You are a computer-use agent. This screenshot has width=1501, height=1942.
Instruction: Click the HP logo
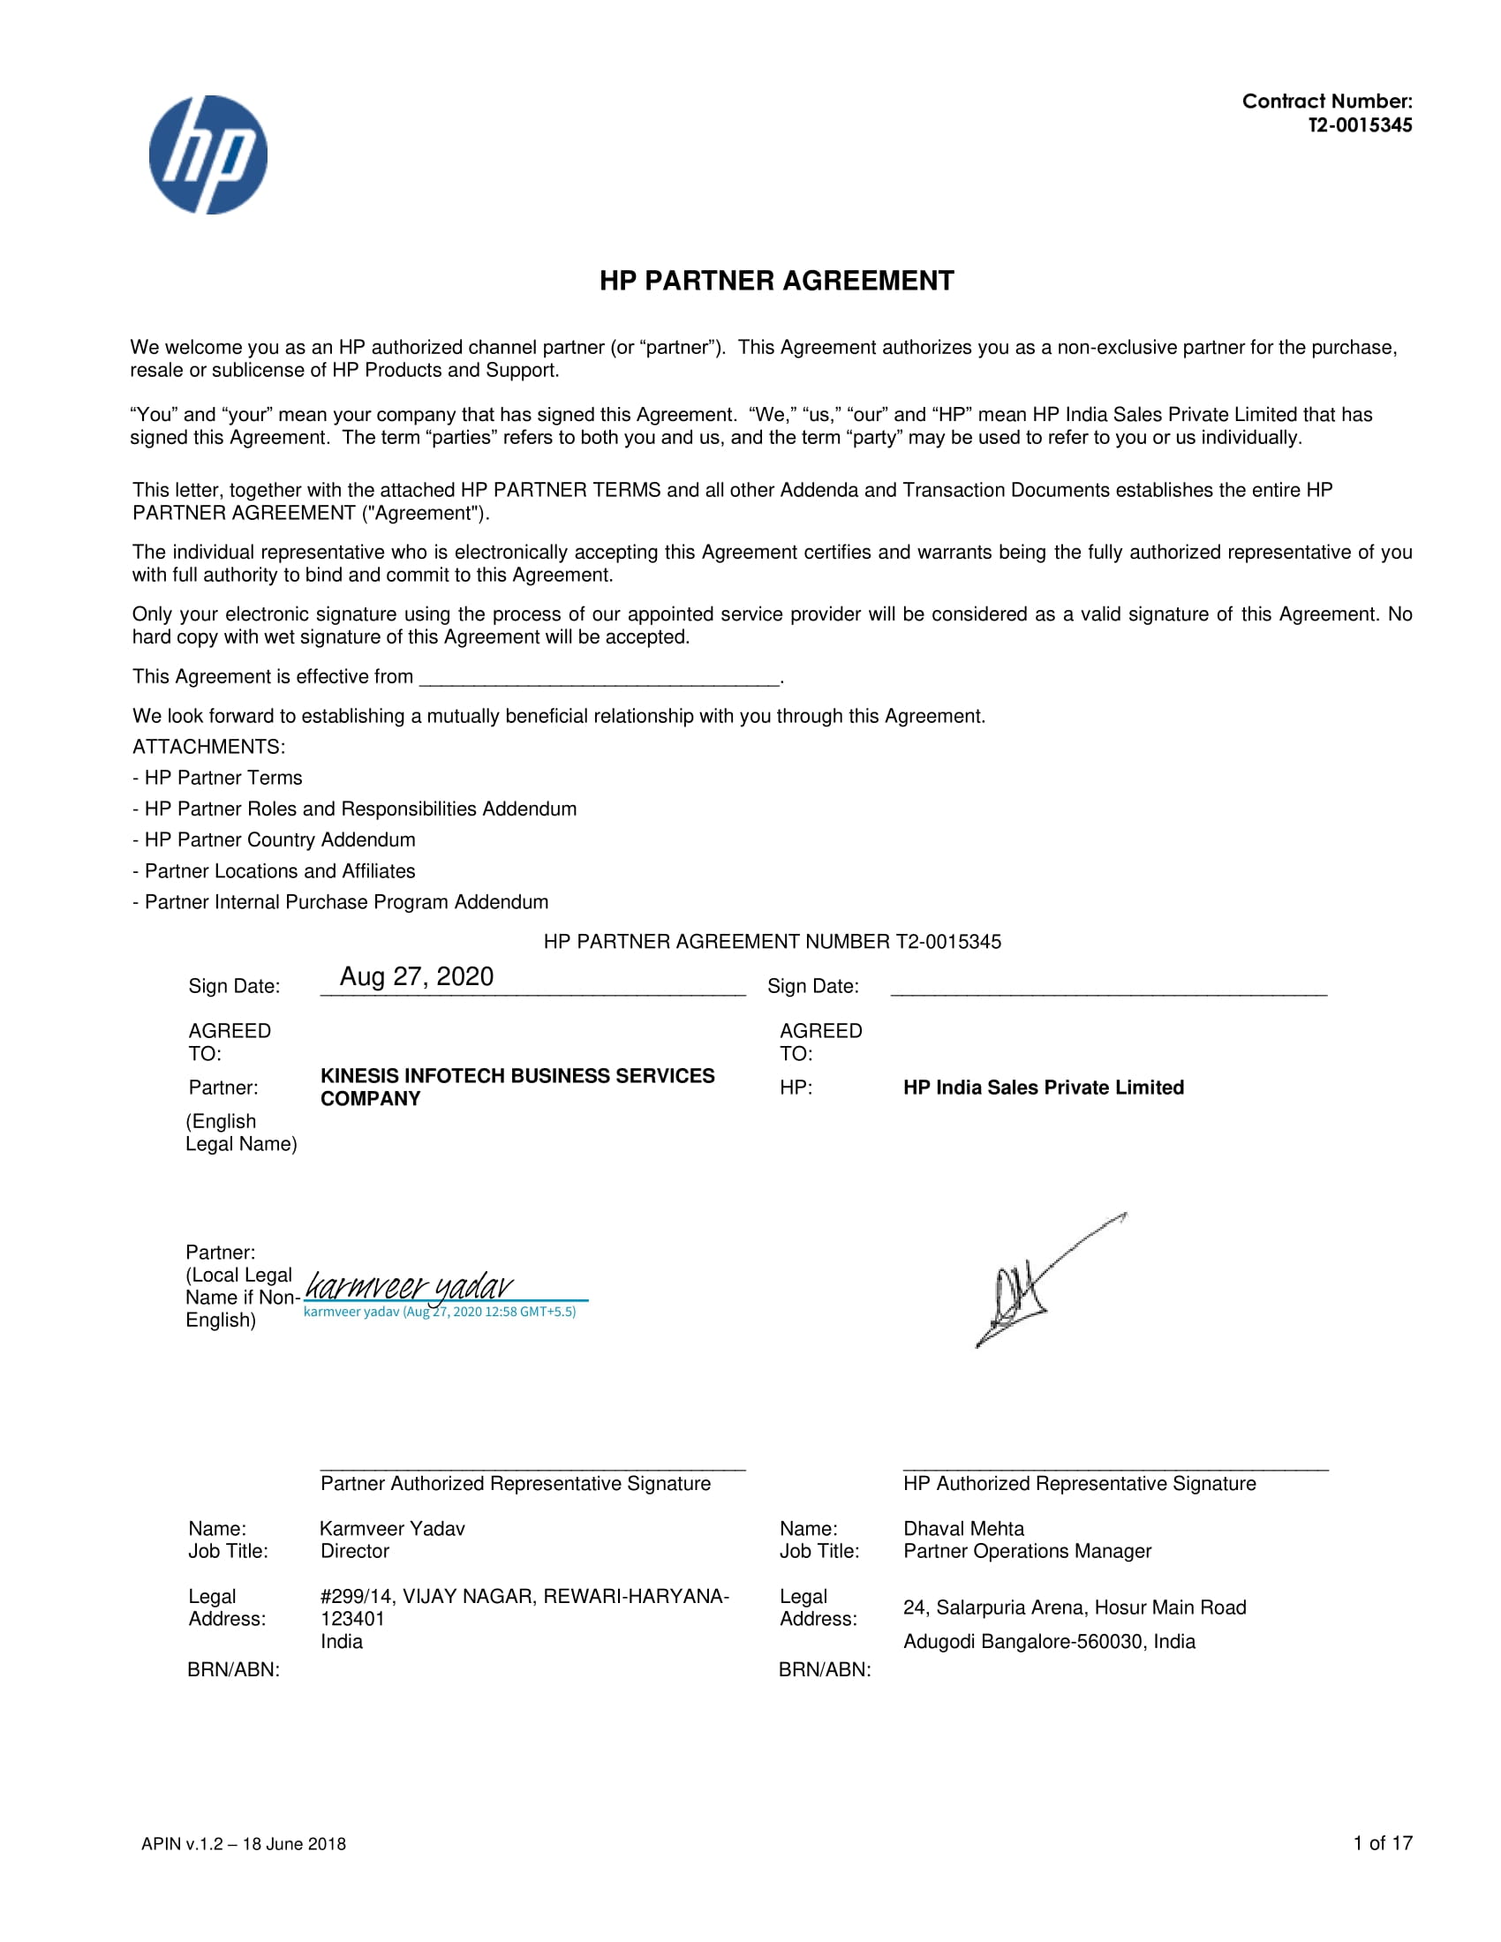tap(208, 154)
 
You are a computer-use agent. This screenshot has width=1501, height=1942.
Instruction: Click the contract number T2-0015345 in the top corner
tap(1360, 125)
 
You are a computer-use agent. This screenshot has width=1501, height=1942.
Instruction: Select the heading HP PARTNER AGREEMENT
tap(776, 281)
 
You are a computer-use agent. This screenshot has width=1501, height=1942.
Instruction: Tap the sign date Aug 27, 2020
tap(416, 976)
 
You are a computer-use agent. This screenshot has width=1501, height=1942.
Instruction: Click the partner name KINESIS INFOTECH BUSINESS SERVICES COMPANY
tap(517, 1087)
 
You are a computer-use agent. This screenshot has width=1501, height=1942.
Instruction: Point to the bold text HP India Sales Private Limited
tap(1043, 1088)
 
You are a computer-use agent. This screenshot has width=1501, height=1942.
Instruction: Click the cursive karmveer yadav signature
tap(409, 1286)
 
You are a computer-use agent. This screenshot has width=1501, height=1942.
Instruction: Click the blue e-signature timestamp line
tap(440, 1312)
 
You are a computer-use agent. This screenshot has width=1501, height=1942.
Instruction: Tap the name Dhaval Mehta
tap(963, 1529)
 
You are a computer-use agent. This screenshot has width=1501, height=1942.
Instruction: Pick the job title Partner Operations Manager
tap(1027, 1551)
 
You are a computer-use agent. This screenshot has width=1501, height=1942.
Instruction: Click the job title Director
tap(355, 1551)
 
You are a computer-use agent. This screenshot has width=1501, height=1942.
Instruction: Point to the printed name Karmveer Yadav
tap(392, 1529)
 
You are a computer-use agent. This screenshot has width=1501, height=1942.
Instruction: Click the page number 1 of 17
tap(1383, 1843)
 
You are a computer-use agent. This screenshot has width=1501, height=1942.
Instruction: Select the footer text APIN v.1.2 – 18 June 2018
tap(244, 1844)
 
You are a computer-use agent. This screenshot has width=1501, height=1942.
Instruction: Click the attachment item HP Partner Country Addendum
tap(279, 839)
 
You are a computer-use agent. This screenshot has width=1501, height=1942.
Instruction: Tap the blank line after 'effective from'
tap(600, 679)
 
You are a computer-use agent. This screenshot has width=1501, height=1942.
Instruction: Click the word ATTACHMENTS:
tap(209, 747)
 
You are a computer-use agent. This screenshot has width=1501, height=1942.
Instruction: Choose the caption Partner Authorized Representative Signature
tap(516, 1483)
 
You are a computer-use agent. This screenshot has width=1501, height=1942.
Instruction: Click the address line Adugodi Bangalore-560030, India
tap(1049, 1642)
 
